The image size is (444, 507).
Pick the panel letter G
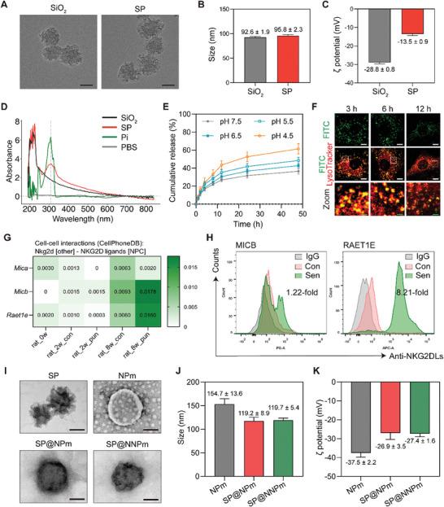pos(7,241)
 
